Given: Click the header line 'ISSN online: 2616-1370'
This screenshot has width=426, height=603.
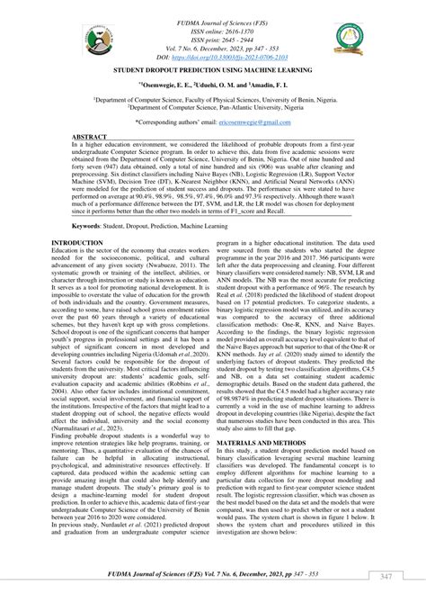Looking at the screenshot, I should [x=213, y=17].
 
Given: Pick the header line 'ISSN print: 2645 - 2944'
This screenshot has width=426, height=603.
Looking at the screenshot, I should [x=213, y=26].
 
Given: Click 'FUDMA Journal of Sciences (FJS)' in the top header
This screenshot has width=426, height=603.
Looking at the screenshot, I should [x=213, y=8].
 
